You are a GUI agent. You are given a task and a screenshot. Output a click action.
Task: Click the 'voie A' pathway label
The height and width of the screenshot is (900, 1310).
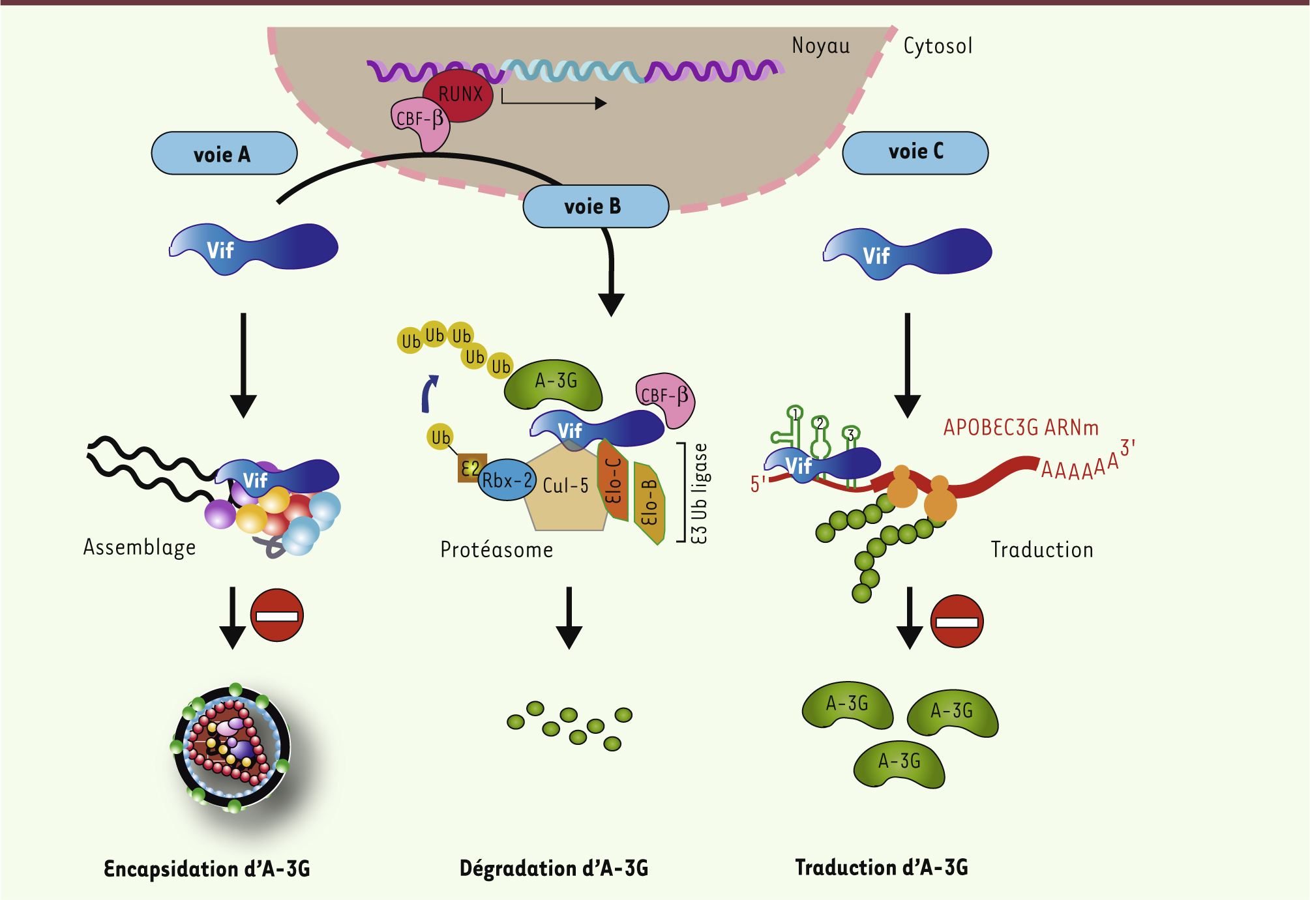click(x=224, y=154)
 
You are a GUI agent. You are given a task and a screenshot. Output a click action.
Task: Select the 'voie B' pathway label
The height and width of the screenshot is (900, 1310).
click(x=595, y=207)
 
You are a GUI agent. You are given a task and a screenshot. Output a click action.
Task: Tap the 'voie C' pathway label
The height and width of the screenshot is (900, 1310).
click(x=915, y=152)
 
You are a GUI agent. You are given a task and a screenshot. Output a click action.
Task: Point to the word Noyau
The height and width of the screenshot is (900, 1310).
click(x=820, y=46)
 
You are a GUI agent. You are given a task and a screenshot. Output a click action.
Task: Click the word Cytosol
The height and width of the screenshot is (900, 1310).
click(x=937, y=46)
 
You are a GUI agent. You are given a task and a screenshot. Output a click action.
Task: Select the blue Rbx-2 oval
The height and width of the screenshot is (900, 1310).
click(x=507, y=481)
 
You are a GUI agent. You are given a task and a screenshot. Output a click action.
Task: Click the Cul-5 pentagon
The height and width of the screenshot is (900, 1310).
click(x=565, y=486)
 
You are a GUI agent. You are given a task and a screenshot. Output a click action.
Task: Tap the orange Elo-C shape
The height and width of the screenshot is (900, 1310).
click(x=613, y=480)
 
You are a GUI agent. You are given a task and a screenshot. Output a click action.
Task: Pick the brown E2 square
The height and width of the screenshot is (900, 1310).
click(x=470, y=468)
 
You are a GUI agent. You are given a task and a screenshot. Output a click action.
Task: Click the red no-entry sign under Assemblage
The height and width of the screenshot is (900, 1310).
click(x=277, y=616)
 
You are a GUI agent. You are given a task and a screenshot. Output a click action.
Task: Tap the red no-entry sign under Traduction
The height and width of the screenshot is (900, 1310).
click(x=957, y=622)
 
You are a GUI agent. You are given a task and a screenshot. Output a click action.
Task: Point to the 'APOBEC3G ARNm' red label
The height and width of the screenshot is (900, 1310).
click(x=1020, y=428)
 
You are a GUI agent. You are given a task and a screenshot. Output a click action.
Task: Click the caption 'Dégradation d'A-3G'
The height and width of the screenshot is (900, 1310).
click(x=554, y=868)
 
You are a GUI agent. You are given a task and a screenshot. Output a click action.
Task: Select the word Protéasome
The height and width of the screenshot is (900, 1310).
click(x=496, y=550)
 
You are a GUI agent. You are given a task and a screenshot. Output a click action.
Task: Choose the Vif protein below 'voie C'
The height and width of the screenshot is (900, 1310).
click(x=906, y=254)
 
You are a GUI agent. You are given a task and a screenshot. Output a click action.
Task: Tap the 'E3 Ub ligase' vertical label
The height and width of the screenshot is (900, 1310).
click(x=699, y=493)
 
